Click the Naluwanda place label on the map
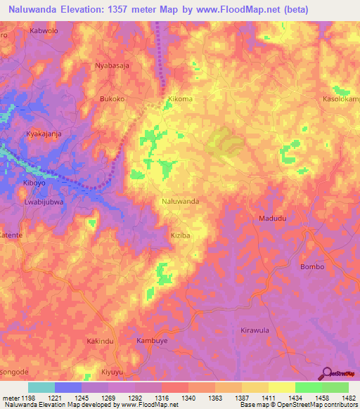coord(180,201)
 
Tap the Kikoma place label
coord(179,99)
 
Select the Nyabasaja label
coord(112,65)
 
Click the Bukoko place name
coord(112,99)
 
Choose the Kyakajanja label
coord(44,134)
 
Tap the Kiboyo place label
coord(34,183)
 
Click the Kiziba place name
coord(180,235)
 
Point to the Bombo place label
coord(312,267)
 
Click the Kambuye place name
coord(151,340)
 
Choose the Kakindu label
coord(100,341)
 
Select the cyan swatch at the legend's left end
coord(41,387)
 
